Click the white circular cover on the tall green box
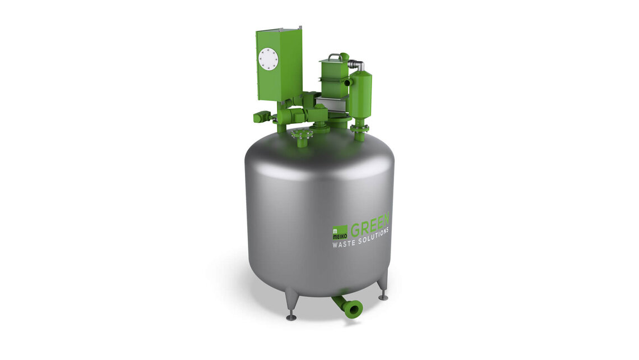click(x=268, y=59)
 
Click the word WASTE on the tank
click(x=346, y=243)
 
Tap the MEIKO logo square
click(x=340, y=230)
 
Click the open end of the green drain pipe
click(x=353, y=308)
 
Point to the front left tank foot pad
click(x=291, y=318)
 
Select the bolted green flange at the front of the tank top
click(x=302, y=135)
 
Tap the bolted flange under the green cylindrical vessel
click(x=360, y=128)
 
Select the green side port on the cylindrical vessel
click(x=348, y=82)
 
